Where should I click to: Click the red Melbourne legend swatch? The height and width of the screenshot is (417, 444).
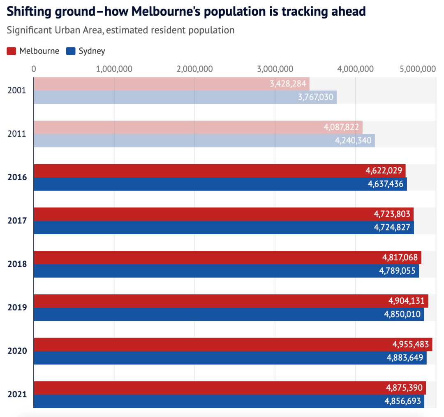click(x=12, y=51)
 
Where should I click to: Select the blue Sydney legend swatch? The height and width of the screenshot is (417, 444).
click(x=71, y=51)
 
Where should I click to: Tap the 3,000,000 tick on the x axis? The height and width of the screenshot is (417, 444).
click(x=275, y=69)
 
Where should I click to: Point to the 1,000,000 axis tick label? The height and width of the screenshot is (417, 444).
click(x=114, y=69)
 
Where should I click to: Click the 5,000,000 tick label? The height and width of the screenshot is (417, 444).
click(x=417, y=69)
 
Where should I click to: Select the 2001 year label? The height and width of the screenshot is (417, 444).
click(x=17, y=90)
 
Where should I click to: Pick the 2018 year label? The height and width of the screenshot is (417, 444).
click(x=17, y=264)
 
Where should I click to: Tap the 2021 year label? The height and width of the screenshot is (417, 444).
click(x=17, y=394)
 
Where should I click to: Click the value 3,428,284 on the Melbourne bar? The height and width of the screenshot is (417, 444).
click(x=288, y=84)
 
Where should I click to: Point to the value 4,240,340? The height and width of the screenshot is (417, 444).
click(x=353, y=140)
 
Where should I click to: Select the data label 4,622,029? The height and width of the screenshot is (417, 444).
click(x=384, y=171)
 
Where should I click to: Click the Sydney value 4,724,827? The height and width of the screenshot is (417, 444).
click(x=392, y=228)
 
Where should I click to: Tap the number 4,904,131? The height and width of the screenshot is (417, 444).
click(x=407, y=301)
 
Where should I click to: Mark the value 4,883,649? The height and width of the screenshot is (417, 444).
click(x=405, y=358)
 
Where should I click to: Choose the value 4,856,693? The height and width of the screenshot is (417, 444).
click(x=402, y=401)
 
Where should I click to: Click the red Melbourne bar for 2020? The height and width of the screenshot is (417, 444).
click(x=206, y=345)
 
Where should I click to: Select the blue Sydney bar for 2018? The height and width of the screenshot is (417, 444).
click(x=206, y=271)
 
